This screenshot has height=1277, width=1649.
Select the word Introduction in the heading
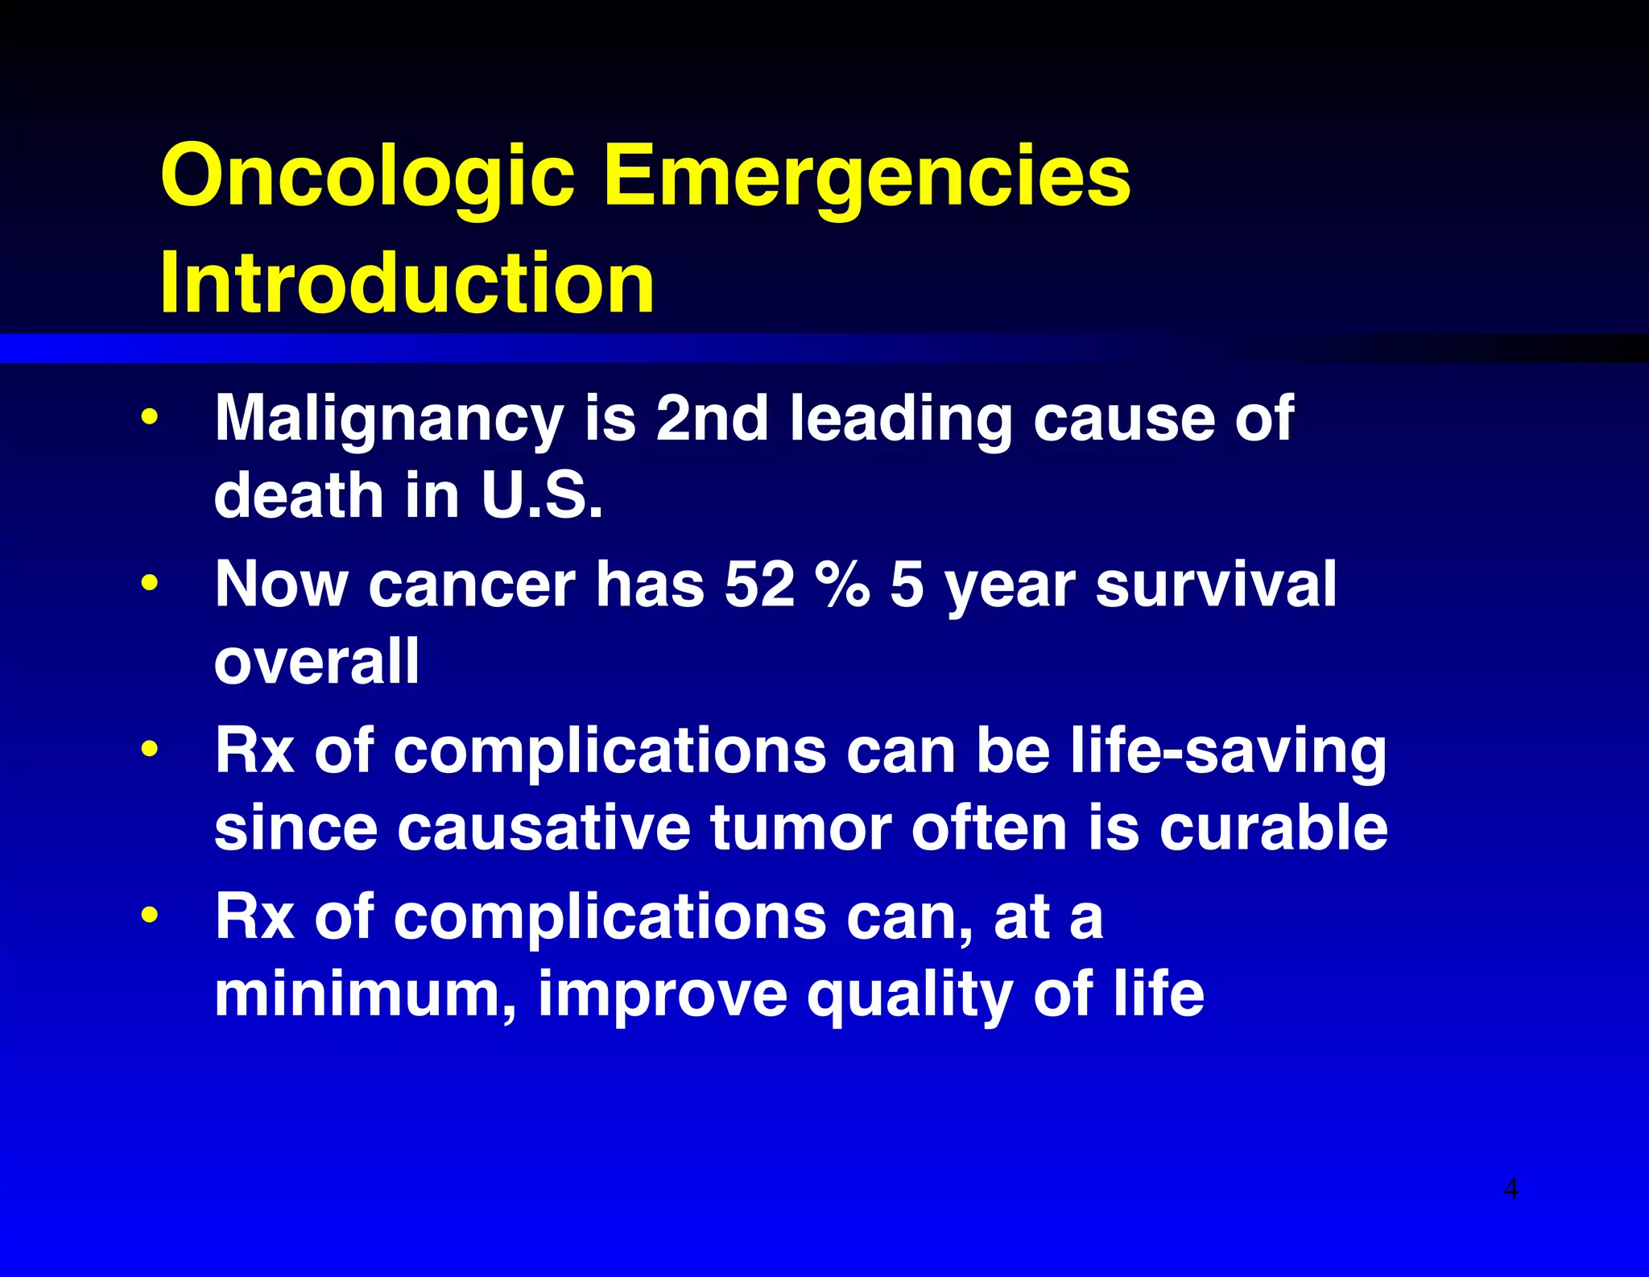point(407,283)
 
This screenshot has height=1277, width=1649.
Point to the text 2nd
point(712,419)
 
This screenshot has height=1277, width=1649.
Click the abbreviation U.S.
point(541,495)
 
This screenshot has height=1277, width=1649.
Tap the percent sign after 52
point(841,584)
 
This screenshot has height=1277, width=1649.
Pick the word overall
point(316,661)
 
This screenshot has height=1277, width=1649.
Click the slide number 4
point(1511,1188)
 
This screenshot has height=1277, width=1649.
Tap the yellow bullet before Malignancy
point(149,418)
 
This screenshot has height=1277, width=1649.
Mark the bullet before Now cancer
point(149,583)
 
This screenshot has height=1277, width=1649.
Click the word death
point(299,495)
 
